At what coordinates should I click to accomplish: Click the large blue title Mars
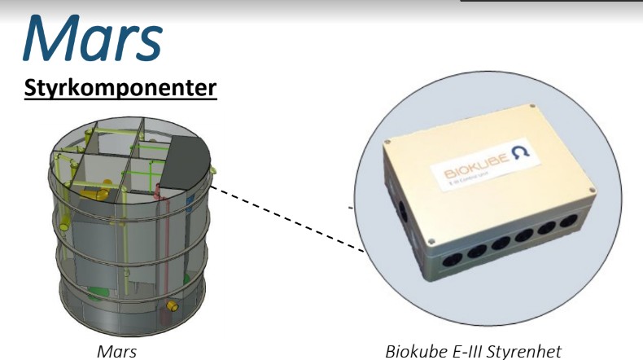(93, 39)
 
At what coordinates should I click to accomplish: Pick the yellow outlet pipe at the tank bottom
(173, 305)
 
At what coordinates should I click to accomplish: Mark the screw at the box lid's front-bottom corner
(430, 243)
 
